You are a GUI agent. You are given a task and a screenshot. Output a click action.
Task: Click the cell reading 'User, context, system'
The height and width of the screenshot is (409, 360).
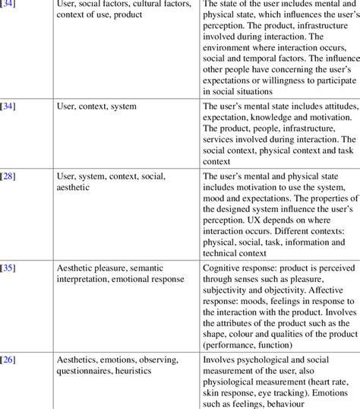96,106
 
